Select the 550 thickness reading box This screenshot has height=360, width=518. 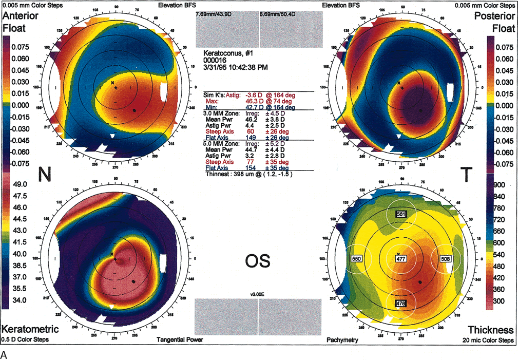pos(356,259)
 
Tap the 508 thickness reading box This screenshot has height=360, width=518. pos(446,259)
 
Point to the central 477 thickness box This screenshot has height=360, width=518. pos(401,259)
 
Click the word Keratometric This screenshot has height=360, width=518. pos(29,329)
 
